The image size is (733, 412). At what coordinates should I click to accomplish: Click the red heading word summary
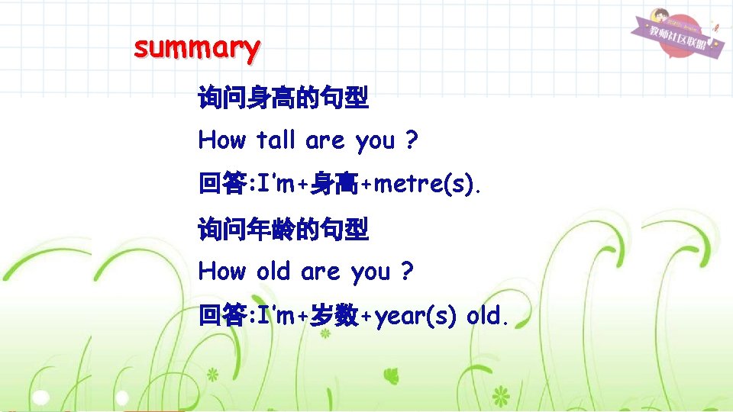click(x=196, y=49)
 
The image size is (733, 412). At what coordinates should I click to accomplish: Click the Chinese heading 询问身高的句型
click(x=283, y=98)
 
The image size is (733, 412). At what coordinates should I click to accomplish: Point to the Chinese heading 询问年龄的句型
click(x=283, y=228)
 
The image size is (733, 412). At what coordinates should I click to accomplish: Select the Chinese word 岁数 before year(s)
click(x=333, y=316)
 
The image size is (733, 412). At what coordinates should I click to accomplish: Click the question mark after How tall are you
click(x=412, y=141)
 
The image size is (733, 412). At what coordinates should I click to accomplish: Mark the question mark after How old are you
click(x=407, y=272)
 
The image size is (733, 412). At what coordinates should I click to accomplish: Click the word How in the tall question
click(x=222, y=141)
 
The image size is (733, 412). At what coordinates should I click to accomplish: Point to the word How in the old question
click(x=222, y=272)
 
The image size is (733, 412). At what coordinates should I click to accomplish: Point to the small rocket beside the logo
click(x=715, y=31)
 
